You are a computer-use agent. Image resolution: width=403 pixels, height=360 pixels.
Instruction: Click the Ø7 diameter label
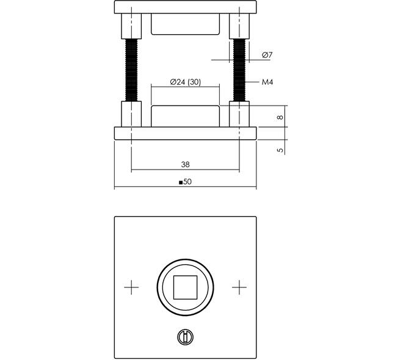(x=267, y=55)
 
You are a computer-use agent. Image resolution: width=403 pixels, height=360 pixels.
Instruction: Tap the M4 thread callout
(x=267, y=82)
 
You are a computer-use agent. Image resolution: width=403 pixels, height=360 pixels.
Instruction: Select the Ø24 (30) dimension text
(x=185, y=82)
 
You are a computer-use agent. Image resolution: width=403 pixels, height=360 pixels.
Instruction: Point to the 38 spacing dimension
(x=185, y=164)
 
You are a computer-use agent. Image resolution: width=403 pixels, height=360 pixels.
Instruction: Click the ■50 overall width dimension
(x=185, y=182)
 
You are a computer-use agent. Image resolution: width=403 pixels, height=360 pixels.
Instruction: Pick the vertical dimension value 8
(x=280, y=117)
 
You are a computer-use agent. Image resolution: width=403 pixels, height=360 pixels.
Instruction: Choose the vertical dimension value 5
(x=280, y=150)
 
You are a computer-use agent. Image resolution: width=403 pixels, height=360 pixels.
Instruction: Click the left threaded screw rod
(x=131, y=70)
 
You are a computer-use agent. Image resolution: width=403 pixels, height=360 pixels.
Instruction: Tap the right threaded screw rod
(x=239, y=70)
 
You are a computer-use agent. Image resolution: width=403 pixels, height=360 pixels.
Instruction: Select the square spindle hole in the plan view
(x=185, y=287)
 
